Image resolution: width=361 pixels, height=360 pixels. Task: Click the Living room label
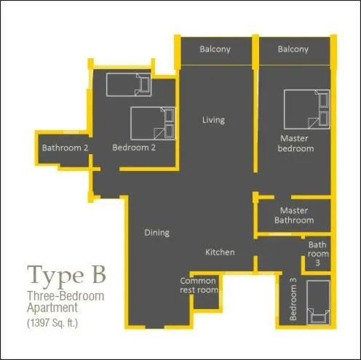point(213,120)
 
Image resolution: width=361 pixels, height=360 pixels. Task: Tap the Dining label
point(156,233)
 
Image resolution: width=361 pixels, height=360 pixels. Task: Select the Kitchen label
point(220,252)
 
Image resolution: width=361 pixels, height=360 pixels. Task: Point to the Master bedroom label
point(295,143)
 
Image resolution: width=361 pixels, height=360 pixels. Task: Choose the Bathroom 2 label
point(65,148)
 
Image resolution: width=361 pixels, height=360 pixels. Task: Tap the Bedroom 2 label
point(135,148)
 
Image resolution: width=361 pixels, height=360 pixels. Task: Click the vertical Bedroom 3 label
point(293,300)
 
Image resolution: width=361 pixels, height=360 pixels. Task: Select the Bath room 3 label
point(317,254)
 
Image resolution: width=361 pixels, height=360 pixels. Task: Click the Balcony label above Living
point(215,49)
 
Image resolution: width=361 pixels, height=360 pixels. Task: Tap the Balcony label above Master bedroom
point(293,49)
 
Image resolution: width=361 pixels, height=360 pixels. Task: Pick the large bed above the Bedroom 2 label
point(153,124)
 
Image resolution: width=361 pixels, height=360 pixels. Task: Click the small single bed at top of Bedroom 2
point(128,86)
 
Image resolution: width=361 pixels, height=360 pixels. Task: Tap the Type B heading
point(67,276)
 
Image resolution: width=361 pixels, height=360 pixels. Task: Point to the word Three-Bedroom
point(66,296)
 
